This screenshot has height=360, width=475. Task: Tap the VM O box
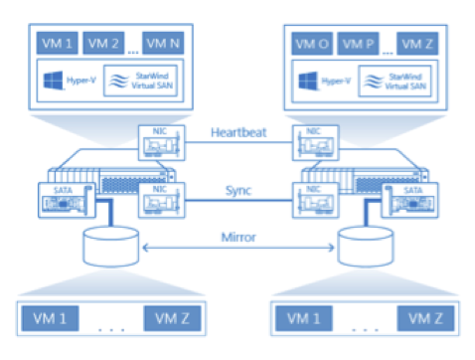(x=312, y=43)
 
